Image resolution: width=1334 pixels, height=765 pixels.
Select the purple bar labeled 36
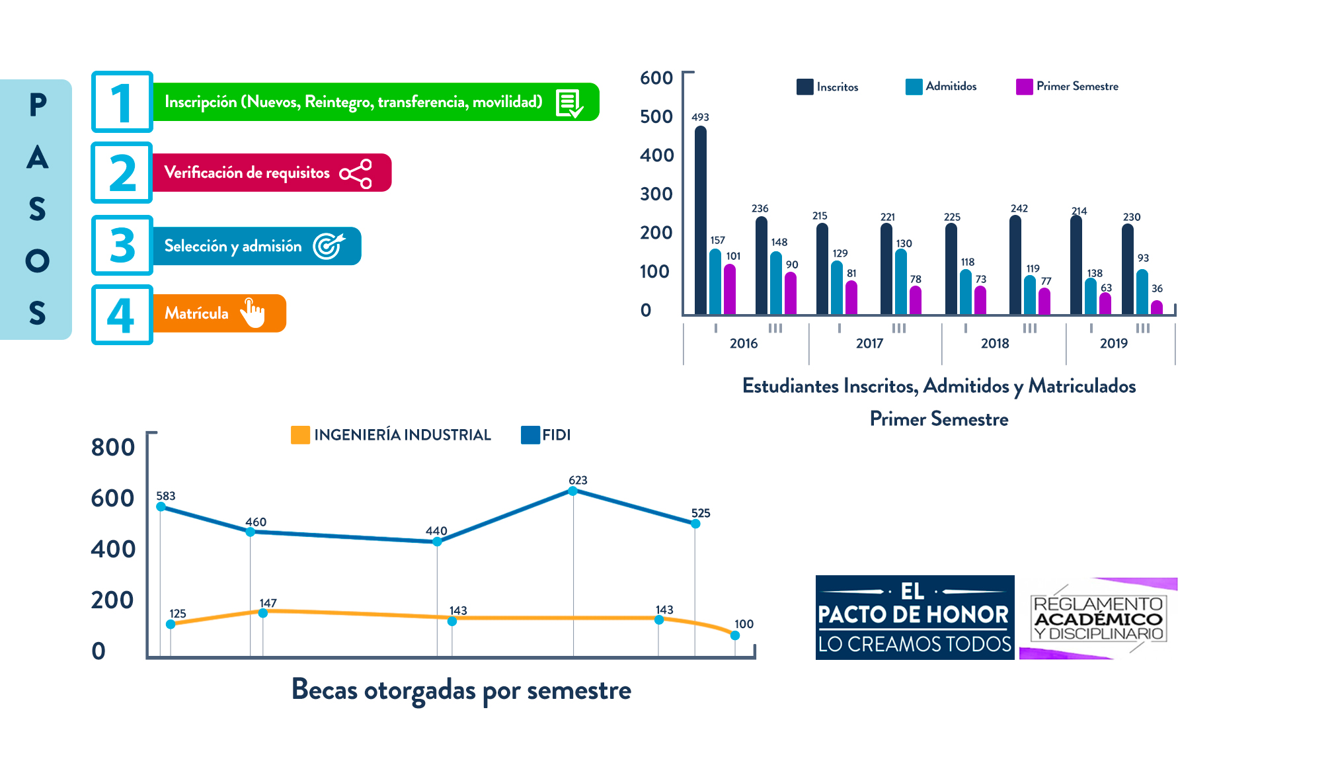tap(1156, 307)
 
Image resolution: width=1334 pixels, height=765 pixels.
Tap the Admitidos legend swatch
tap(914, 87)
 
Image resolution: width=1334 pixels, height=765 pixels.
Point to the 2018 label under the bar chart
tap(994, 343)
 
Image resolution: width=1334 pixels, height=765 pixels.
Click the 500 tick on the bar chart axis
tap(656, 116)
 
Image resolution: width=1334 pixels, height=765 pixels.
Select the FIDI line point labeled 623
tap(572, 491)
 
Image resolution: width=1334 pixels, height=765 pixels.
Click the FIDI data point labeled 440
tap(437, 542)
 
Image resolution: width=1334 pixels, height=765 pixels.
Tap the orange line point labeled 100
tap(734, 635)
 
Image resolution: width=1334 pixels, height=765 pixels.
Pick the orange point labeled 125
tap(171, 624)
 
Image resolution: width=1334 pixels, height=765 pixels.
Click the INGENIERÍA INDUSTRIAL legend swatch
tap(300, 435)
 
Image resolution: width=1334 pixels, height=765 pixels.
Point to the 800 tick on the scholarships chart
tap(113, 448)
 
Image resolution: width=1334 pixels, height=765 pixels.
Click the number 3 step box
tap(122, 245)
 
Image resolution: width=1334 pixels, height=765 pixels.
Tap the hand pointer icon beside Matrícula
tap(253, 313)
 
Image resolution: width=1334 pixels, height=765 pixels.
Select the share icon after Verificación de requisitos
tap(356, 173)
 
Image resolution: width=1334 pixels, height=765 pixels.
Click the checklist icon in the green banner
tap(569, 103)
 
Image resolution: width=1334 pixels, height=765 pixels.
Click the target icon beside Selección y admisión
tap(329, 246)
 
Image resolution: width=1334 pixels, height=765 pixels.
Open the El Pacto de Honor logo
tap(914, 617)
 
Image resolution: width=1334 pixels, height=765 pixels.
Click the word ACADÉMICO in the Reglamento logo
tap(1098, 619)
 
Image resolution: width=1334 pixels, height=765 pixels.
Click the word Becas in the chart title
tap(324, 690)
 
